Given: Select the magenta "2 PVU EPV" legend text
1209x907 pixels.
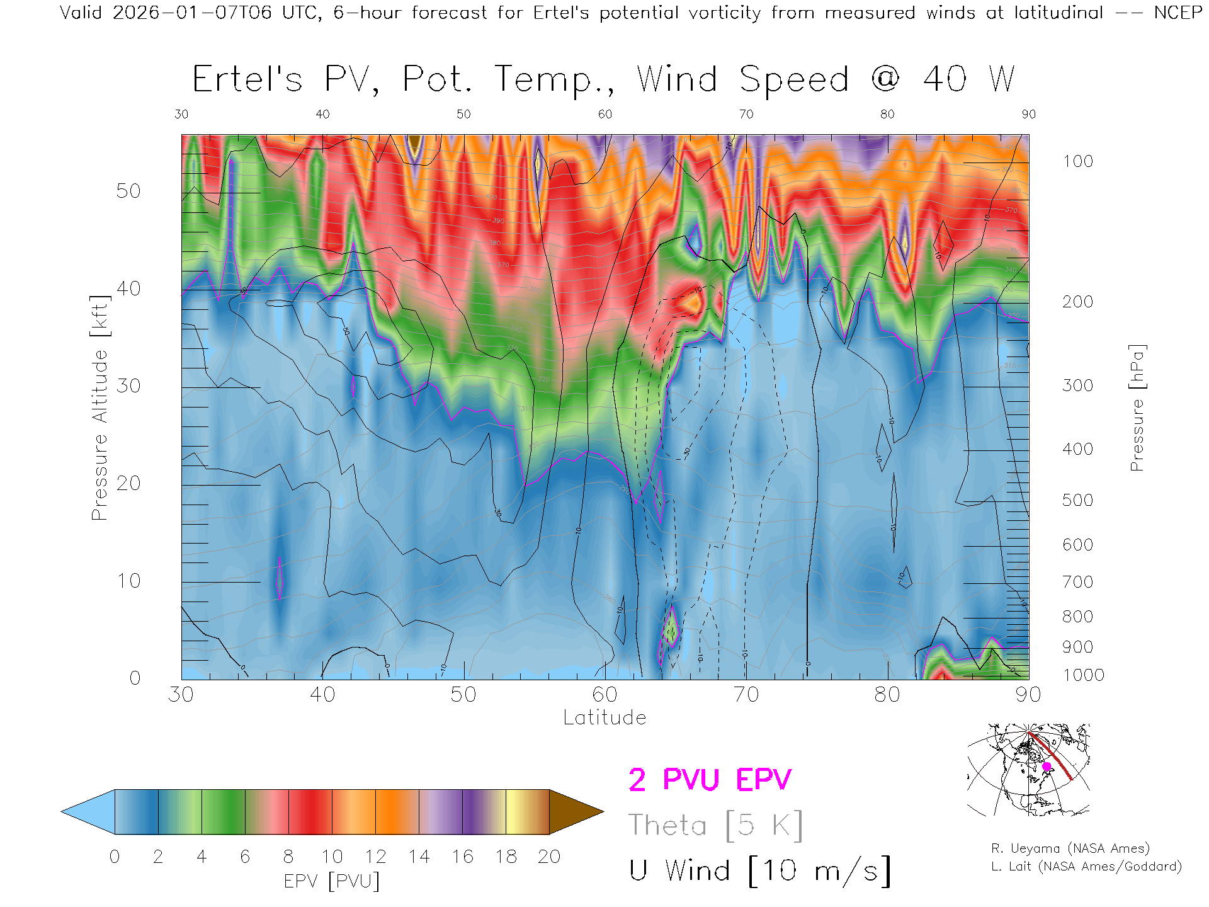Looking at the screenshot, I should coord(710,780).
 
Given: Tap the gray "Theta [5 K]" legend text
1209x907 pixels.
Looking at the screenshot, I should coord(715,825).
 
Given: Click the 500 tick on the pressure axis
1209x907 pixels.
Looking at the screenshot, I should coord(1077,500).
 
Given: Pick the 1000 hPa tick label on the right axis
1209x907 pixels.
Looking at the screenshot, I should coord(1083,675).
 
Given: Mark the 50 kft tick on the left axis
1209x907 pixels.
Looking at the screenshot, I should coord(128,191).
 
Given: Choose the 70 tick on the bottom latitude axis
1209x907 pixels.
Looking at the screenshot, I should coord(746,695).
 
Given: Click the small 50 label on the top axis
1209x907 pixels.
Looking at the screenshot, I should coord(463,114).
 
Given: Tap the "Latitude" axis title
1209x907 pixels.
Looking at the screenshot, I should coord(604,717).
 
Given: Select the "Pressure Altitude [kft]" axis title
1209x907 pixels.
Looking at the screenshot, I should coord(99,408).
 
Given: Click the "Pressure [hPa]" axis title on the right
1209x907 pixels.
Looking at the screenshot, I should coord(1137,408).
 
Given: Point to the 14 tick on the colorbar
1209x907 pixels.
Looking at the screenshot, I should coord(419,857).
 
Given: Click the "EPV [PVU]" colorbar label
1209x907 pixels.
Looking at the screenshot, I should coord(332,881).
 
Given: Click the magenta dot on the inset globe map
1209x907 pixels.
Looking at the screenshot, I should coord(1047,767).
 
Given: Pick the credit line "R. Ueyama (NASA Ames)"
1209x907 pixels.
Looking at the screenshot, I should coord(1070,848).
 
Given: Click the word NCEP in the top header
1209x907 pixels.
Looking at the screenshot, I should coord(1178,13).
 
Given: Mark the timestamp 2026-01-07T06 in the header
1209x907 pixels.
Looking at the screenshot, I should coord(192,13).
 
